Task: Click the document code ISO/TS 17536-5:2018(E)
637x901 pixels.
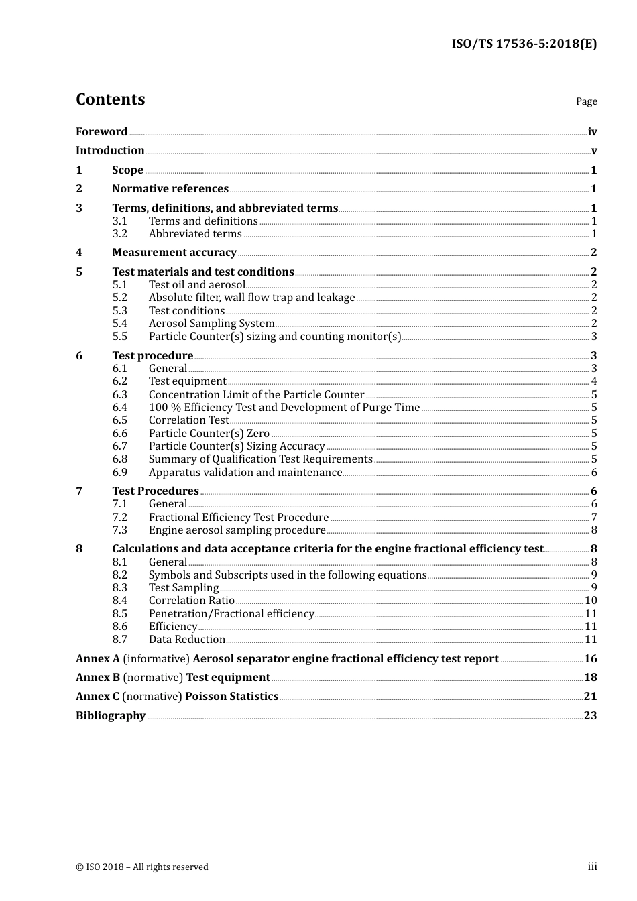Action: pyautogui.click(x=524, y=44)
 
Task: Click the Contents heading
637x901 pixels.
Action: pyautogui.click(x=110, y=99)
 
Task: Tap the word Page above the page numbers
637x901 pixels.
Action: pyautogui.click(x=586, y=101)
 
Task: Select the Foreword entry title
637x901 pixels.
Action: pyautogui.click(x=101, y=132)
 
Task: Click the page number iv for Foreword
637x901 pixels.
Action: pyautogui.click(x=592, y=132)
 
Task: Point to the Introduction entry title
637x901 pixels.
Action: pyautogui.click(x=110, y=151)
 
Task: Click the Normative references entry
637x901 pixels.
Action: pyautogui.click(x=170, y=189)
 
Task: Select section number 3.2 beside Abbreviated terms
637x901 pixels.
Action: pyautogui.click(x=120, y=234)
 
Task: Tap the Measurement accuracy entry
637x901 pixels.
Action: pyautogui.click(x=174, y=253)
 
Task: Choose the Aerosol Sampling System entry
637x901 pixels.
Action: pyautogui.click(x=211, y=324)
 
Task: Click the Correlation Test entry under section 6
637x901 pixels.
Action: pyautogui.click(x=188, y=420)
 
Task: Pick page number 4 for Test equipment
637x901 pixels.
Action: pyautogui.click(x=594, y=381)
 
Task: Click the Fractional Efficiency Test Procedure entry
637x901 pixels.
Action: pyautogui.click(x=239, y=518)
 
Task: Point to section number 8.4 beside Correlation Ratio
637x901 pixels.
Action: pyautogui.click(x=120, y=601)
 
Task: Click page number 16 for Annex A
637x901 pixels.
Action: pyautogui.click(x=590, y=659)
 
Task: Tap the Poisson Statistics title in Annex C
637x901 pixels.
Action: pyautogui.click(x=231, y=697)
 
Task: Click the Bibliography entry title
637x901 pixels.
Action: pyautogui.click(x=111, y=716)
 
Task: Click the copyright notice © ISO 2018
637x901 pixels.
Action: pyautogui.click(x=142, y=867)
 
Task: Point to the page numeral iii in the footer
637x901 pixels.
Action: pyautogui.click(x=592, y=867)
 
